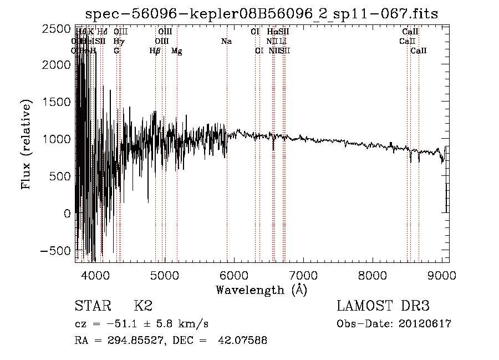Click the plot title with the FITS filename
[262, 13]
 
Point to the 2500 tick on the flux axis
[58, 28]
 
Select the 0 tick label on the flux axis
[67, 214]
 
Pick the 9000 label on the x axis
[442, 275]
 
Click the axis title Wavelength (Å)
[262, 290]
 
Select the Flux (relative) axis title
[26, 144]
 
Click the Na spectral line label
[226, 41]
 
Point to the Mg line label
[177, 51]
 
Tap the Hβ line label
[155, 51]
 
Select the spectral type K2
[143, 306]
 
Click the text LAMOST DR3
[383, 306]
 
